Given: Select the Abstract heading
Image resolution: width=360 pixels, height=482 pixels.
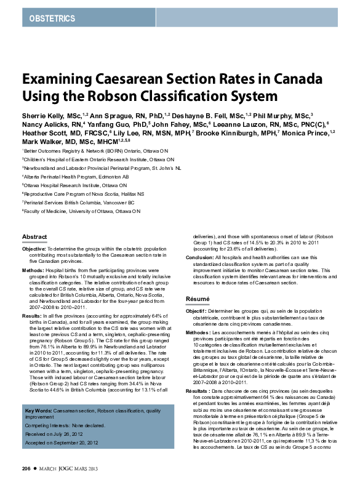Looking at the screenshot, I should [x=34, y=236].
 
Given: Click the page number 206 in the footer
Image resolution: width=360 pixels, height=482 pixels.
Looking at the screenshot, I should [x=26, y=469].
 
